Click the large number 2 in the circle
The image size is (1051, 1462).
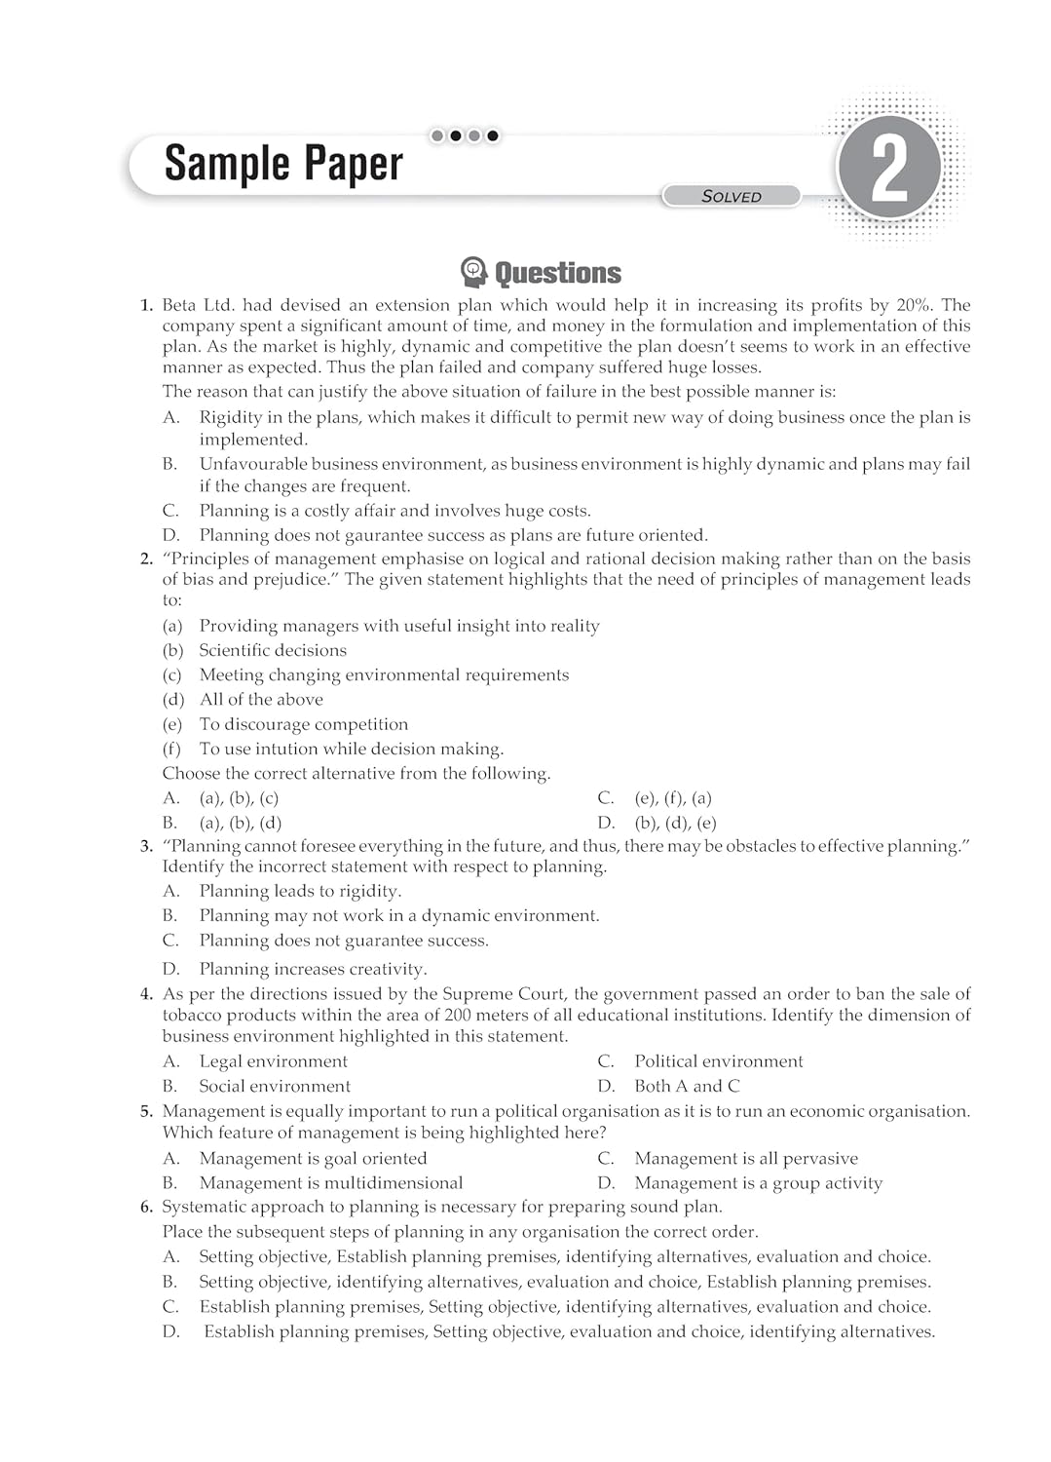coord(889,169)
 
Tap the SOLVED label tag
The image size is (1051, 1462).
coord(732,196)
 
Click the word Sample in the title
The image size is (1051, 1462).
coord(226,164)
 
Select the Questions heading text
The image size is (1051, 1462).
coord(557,273)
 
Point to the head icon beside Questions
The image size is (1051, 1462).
coord(473,272)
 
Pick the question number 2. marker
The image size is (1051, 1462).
coord(146,558)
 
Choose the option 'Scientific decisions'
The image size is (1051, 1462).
coord(273,650)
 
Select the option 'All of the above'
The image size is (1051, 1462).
coord(261,699)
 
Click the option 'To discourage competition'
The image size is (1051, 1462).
coord(303,724)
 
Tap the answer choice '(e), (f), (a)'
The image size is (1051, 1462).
coord(673,798)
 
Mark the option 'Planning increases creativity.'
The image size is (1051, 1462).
coord(313,969)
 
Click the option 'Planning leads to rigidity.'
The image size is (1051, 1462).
coord(300,891)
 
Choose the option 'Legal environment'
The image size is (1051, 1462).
coord(273,1061)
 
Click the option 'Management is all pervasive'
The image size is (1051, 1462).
coord(746,1158)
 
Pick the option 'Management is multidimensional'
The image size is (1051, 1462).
coord(331,1183)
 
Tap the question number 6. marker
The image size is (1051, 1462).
coord(146,1207)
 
